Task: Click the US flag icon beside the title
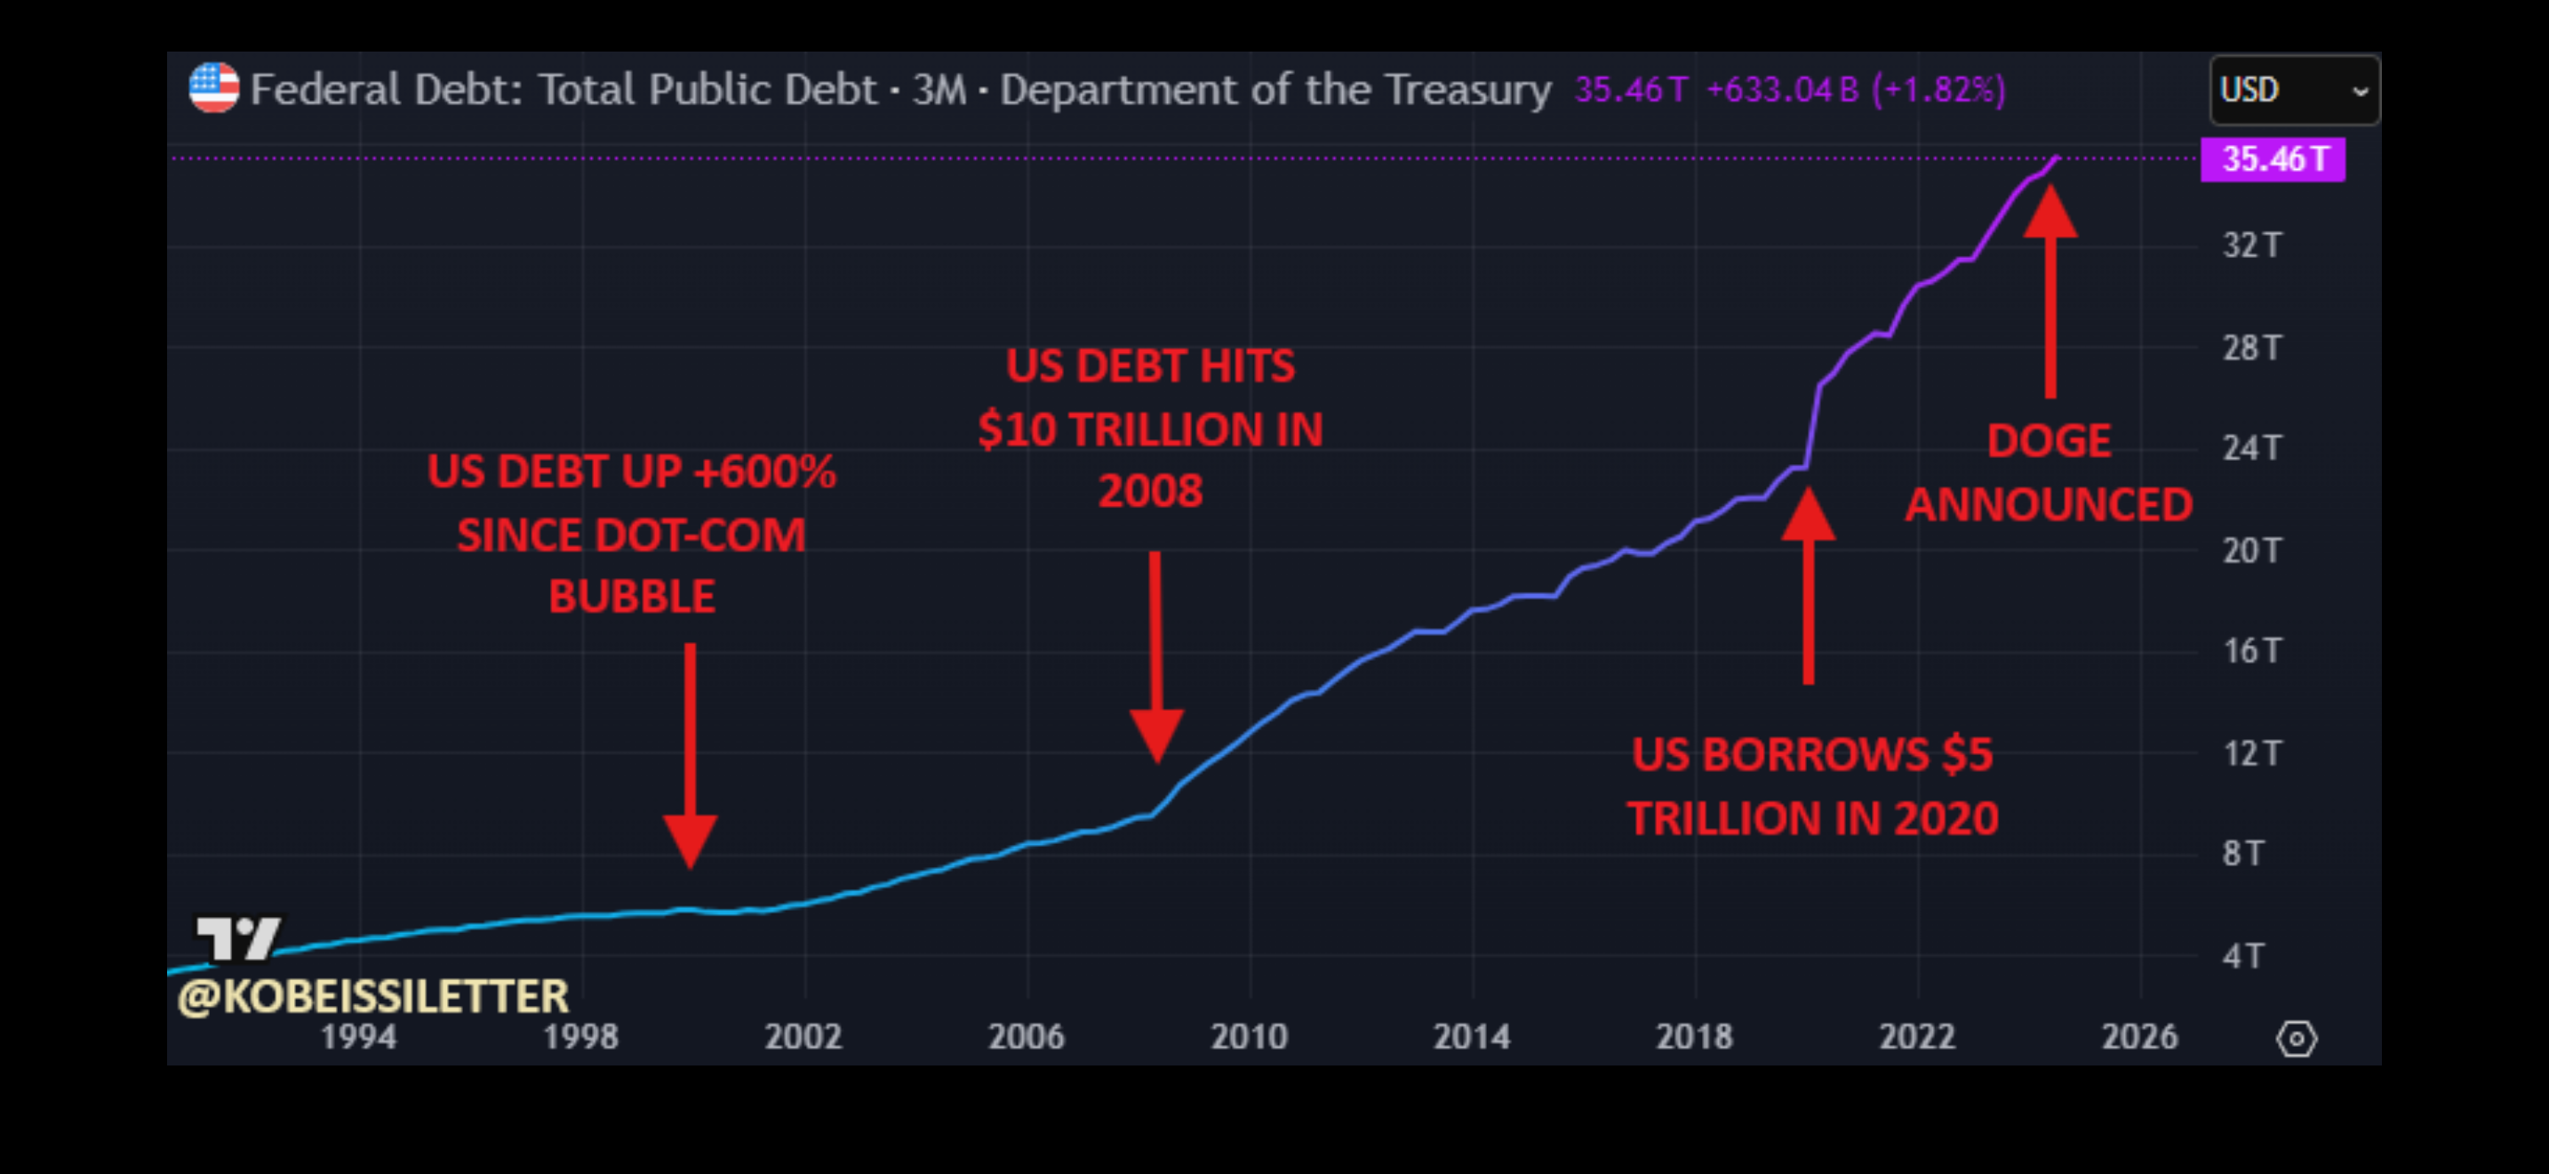coord(213,88)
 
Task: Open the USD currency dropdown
coord(2294,90)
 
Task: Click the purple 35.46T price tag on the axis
coord(2272,159)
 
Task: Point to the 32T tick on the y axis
coord(2251,245)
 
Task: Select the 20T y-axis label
coord(2251,551)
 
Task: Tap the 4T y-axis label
coord(2242,956)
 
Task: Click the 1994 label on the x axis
coord(358,1036)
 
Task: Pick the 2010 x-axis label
coord(1249,1036)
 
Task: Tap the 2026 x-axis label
coord(2139,1036)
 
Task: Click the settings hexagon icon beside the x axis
coord(2296,1039)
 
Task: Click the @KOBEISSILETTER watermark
coord(373,996)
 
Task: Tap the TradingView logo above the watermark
coord(238,937)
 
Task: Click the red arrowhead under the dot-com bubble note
coord(690,840)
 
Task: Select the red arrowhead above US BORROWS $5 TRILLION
coord(1808,515)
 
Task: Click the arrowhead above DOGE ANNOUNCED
coord(2050,212)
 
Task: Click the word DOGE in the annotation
coord(2049,441)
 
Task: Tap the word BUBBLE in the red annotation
coord(631,597)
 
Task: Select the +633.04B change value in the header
coord(1782,90)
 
